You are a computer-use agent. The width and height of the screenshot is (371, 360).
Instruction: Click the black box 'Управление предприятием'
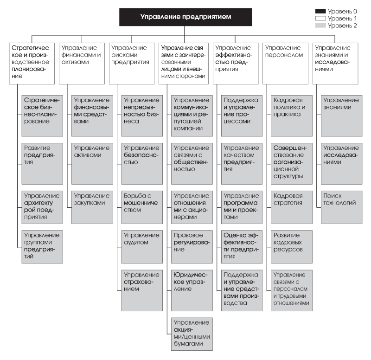pyautogui.click(x=185, y=17)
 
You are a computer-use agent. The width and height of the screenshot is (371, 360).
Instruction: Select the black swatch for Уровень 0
pyautogui.click(x=320, y=11)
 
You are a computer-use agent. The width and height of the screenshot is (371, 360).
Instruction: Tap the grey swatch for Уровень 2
pyautogui.click(x=320, y=26)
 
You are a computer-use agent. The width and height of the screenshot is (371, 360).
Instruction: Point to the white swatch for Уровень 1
pyautogui.click(x=320, y=19)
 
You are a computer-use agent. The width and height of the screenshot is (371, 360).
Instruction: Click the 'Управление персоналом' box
pyautogui.click(x=285, y=64)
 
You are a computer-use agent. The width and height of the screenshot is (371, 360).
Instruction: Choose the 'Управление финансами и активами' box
pyautogui.click(x=82, y=64)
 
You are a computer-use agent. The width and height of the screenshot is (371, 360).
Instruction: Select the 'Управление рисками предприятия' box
pyautogui.click(x=132, y=64)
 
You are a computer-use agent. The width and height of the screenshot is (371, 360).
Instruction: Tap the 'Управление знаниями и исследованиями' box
pyautogui.click(x=335, y=64)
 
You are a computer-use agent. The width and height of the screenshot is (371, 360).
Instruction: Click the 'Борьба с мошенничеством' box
pyautogui.click(x=142, y=207)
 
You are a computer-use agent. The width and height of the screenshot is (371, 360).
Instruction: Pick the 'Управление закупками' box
pyautogui.click(x=92, y=207)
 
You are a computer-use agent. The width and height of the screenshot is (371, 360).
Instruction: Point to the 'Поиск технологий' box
pyautogui.click(x=342, y=207)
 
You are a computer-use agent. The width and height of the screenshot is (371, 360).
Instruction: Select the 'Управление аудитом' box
pyautogui.click(x=142, y=247)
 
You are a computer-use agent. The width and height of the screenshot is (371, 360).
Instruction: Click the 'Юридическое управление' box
pyautogui.click(x=192, y=290)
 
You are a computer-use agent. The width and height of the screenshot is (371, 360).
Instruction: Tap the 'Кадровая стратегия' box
pyautogui.click(x=292, y=207)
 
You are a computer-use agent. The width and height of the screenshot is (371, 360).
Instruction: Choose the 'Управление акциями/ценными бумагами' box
pyautogui.click(x=192, y=334)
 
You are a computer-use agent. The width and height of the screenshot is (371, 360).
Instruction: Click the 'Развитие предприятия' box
pyautogui.click(x=42, y=164)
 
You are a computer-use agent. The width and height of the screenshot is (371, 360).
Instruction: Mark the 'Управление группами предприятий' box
pyautogui.click(x=42, y=247)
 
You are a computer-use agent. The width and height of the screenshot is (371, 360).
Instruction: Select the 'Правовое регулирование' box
pyautogui.click(x=192, y=247)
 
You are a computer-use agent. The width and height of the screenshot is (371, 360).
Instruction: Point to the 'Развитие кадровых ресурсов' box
pyautogui.click(x=292, y=247)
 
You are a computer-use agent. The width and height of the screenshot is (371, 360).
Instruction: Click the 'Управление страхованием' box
pyautogui.click(x=142, y=290)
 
